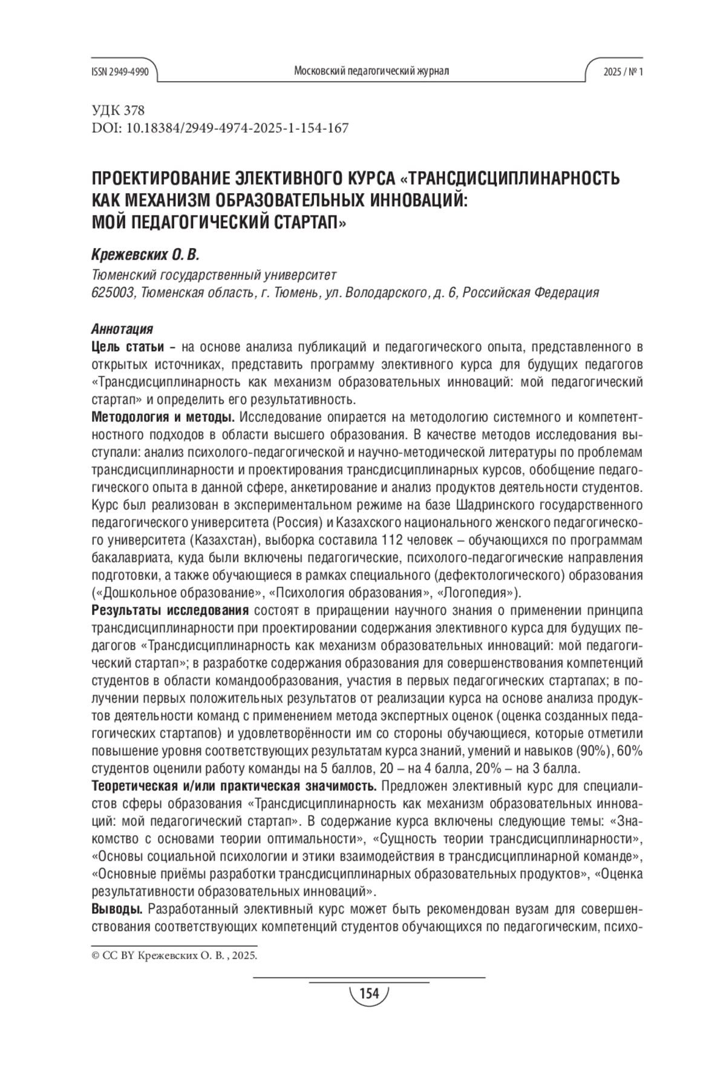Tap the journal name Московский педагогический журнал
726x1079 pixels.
tap(371, 71)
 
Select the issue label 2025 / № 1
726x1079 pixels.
tap(623, 71)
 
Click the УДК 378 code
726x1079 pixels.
tap(118, 111)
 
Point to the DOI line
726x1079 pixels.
tap(220, 128)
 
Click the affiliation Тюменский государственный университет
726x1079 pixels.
tap(213, 275)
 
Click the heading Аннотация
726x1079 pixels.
tap(122, 329)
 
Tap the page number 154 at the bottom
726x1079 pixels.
tap(368, 993)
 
